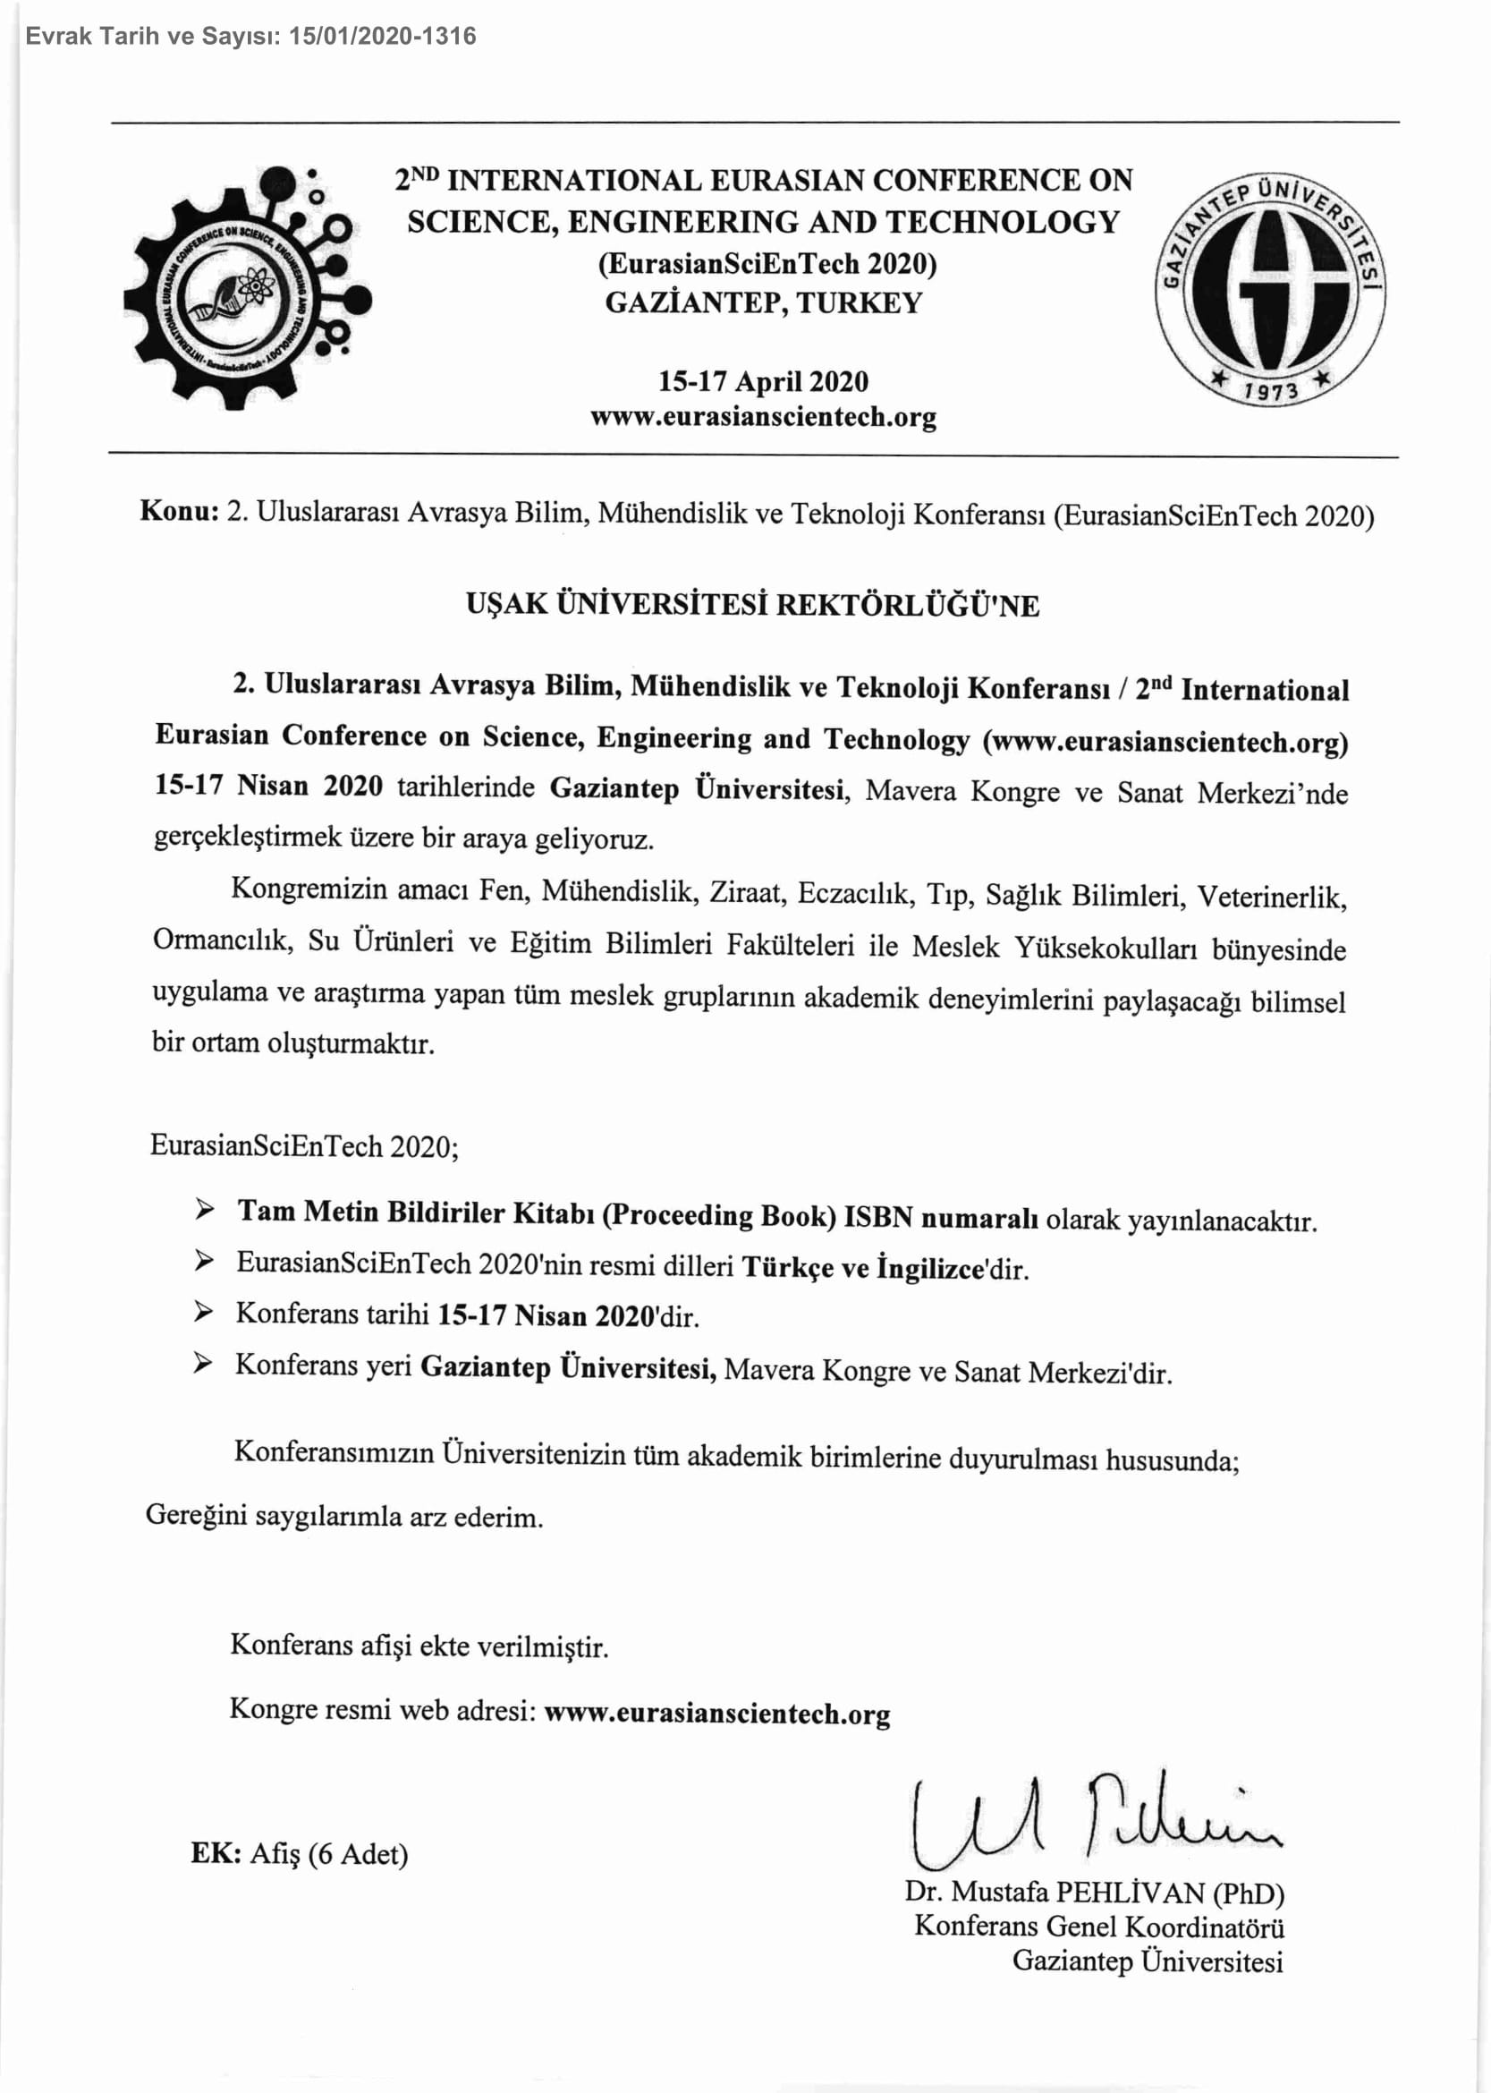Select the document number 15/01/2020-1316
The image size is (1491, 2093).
[382, 37]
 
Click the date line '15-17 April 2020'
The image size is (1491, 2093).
[763, 382]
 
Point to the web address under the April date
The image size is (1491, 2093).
[763, 418]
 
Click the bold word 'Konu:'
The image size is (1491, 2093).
[179, 512]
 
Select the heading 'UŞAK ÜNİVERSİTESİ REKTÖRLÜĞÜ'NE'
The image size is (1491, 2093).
[752, 605]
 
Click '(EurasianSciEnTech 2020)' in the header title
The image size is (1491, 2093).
[767, 265]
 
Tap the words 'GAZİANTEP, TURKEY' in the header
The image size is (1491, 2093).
[763, 303]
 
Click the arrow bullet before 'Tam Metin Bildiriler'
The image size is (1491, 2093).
[204, 1211]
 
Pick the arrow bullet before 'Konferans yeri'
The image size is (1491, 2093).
[203, 1364]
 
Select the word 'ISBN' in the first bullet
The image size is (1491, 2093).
[877, 1218]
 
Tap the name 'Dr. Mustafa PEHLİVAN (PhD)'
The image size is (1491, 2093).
[1095, 1893]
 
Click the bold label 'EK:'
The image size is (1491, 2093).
[216, 1853]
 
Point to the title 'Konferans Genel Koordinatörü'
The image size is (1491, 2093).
[1099, 1927]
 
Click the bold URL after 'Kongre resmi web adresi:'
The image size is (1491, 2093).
[717, 1714]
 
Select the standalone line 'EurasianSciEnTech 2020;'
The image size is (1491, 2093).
[304, 1146]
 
